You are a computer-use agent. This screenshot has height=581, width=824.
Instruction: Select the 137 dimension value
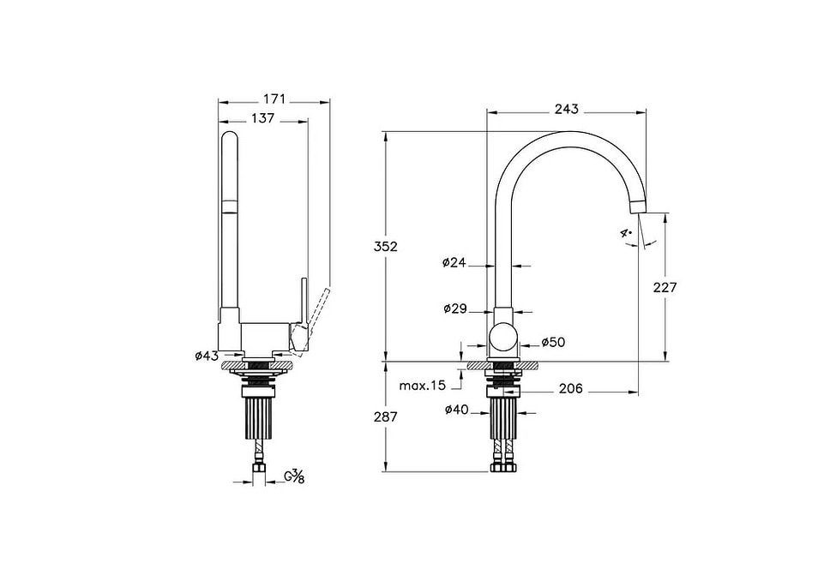tap(262, 118)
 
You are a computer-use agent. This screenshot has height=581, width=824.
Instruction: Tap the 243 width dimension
tap(566, 109)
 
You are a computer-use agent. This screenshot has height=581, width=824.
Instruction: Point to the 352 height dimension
tap(363, 246)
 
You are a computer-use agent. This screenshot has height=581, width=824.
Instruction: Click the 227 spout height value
tap(664, 287)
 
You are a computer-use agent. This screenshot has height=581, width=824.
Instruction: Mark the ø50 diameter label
tap(553, 342)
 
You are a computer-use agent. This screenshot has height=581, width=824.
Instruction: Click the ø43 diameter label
tap(207, 355)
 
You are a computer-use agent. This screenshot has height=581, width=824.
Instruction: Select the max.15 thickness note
tap(422, 386)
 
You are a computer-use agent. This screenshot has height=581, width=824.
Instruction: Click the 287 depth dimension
tap(363, 419)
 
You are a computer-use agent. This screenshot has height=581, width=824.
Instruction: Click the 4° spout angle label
tap(627, 232)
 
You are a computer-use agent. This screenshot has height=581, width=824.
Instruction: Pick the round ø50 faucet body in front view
tap(503, 342)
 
